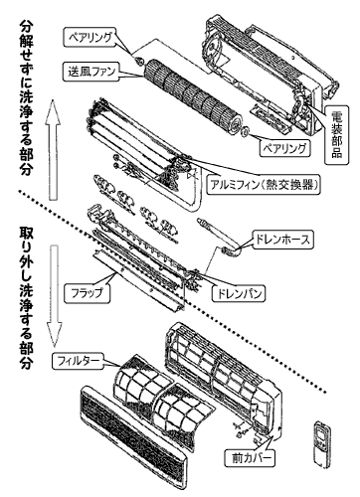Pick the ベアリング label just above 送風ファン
click(92, 35)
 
